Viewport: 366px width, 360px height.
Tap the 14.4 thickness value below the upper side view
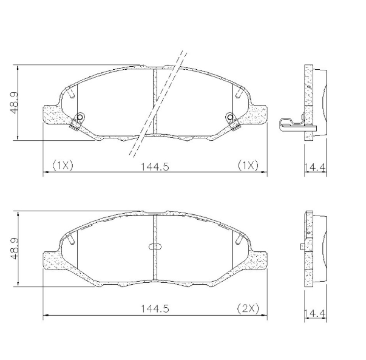(314, 166)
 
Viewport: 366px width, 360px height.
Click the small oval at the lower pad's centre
(155, 246)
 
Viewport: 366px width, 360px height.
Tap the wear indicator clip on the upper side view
(291, 124)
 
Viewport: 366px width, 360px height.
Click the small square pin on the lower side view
(302, 246)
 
